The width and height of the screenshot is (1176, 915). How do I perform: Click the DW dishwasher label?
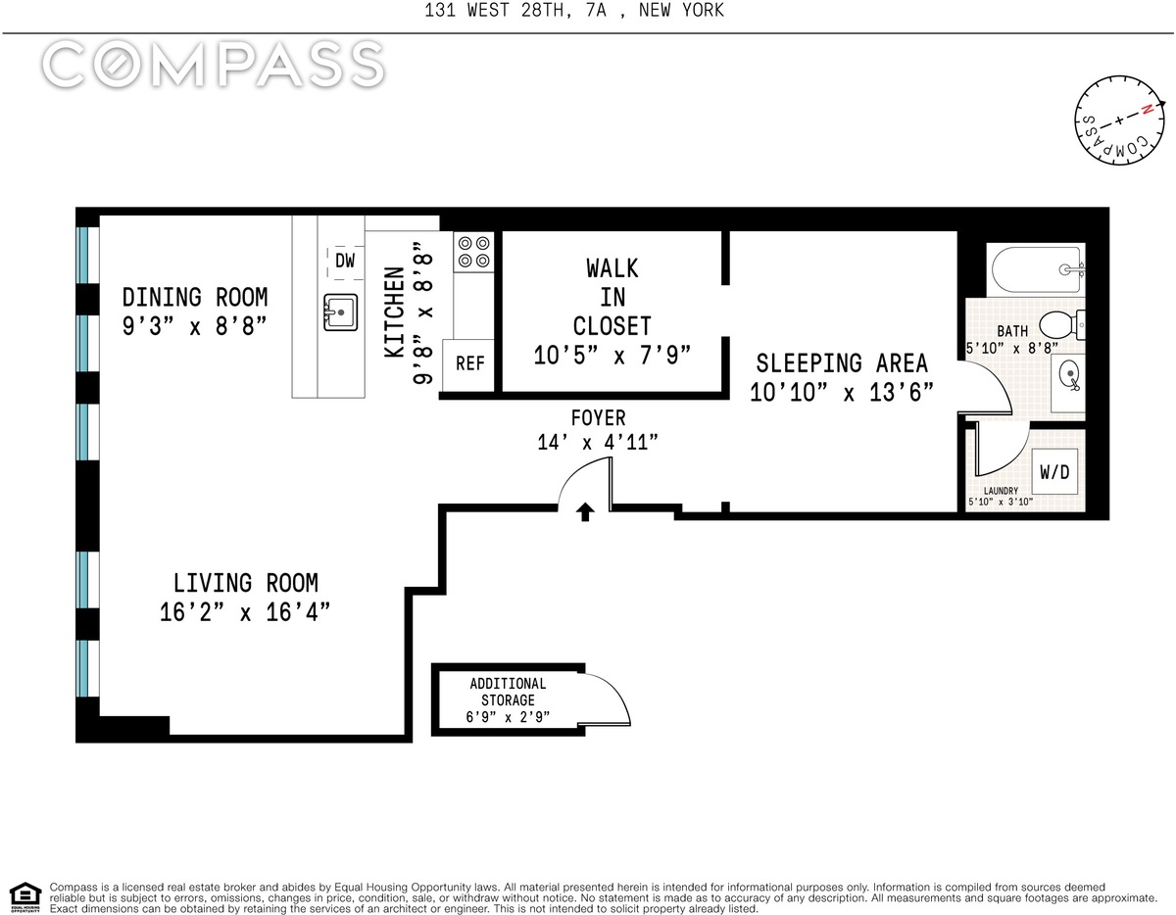345,261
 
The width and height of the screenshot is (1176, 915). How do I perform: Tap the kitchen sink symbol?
340,313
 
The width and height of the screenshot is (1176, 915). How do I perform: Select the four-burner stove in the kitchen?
473,253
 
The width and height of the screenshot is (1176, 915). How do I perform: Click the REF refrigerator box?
468,364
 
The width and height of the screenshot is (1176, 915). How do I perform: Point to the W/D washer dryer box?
1054,471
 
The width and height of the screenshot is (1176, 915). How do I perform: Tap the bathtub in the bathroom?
1038,269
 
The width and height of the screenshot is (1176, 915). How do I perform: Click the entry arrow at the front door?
584,511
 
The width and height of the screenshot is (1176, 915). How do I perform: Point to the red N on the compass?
1146,110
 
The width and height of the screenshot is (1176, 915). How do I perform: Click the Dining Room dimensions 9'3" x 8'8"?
195,326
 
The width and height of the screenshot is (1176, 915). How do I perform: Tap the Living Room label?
246,583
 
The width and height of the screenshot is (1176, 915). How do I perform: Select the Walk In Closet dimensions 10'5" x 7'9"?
612,356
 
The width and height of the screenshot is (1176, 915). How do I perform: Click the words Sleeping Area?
842,362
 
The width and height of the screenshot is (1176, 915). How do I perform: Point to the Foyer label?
598,418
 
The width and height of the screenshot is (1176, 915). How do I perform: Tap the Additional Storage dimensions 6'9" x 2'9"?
508,717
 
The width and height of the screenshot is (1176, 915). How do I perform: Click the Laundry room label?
1001,491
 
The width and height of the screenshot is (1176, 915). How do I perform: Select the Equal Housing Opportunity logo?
24,898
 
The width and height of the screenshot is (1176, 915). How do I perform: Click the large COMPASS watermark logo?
213,65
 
